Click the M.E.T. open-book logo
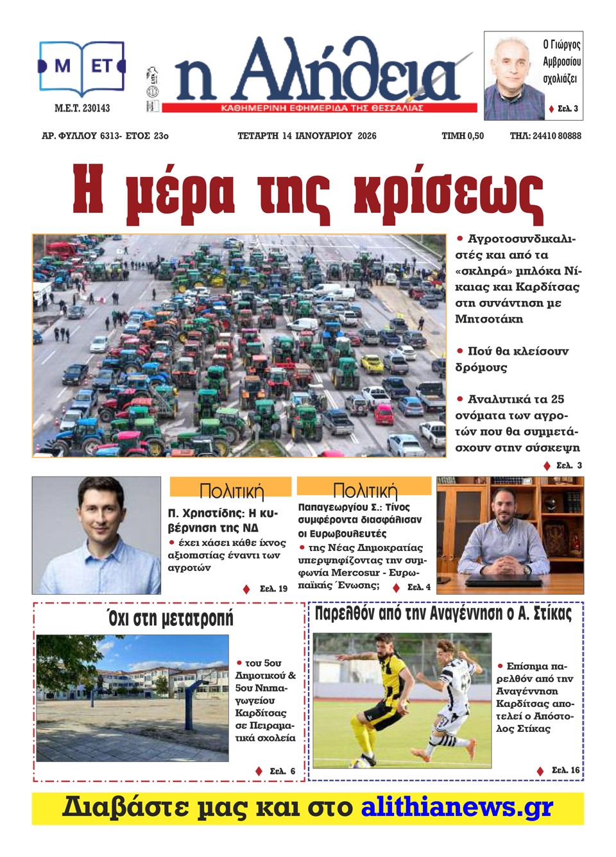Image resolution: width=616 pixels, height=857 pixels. pos(82,67)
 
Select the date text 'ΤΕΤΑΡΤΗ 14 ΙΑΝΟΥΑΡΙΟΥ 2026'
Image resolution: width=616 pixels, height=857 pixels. pos(307,136)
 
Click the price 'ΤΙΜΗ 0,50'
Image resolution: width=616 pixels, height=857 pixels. pos(463,136)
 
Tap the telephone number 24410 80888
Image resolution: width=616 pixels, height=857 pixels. pos(556,136)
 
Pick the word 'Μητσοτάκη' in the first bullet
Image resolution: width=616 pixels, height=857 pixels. pos(489,319)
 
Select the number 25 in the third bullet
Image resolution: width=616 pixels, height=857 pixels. pos(558,399)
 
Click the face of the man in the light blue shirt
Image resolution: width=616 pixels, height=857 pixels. pos(100,513)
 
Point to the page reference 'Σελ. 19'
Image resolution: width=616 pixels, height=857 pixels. pos(273,589)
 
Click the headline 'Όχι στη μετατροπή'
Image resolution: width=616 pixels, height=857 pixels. pos(170,618)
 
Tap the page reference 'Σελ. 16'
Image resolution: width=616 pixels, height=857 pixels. pos(565,770)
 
